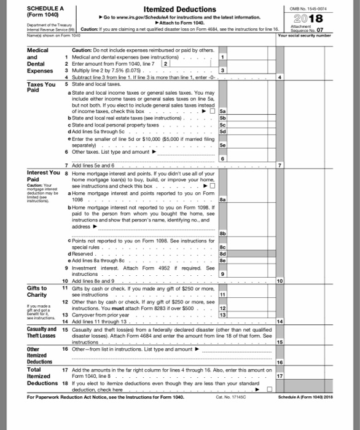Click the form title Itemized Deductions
click(x=179, y=9)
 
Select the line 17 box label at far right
click(x=281, y=374)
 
